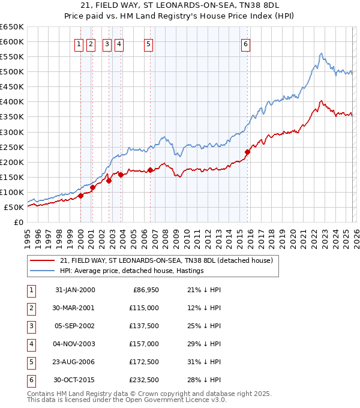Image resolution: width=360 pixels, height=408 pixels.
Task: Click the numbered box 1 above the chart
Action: pos(79,43)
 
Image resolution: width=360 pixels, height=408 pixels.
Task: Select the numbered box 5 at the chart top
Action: pos(148,43)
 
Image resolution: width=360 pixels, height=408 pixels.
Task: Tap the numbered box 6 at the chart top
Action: pos(246,43)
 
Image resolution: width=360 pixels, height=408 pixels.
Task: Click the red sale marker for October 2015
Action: pos(247,152)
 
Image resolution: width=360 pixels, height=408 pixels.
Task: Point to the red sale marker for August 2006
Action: pos(150,170)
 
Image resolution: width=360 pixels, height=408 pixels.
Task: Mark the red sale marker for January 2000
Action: pos(80,196)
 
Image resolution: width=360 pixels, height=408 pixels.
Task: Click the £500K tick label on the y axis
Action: pos(11,72)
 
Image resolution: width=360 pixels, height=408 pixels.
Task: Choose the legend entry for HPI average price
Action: pos(132,271)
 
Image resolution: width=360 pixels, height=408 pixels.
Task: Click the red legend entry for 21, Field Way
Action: pos(166,260)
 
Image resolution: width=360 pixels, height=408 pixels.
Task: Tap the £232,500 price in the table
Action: pos(143,380)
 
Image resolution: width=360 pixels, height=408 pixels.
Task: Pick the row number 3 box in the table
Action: pos(29,326)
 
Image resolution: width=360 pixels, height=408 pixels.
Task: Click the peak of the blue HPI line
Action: pos(321,53)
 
